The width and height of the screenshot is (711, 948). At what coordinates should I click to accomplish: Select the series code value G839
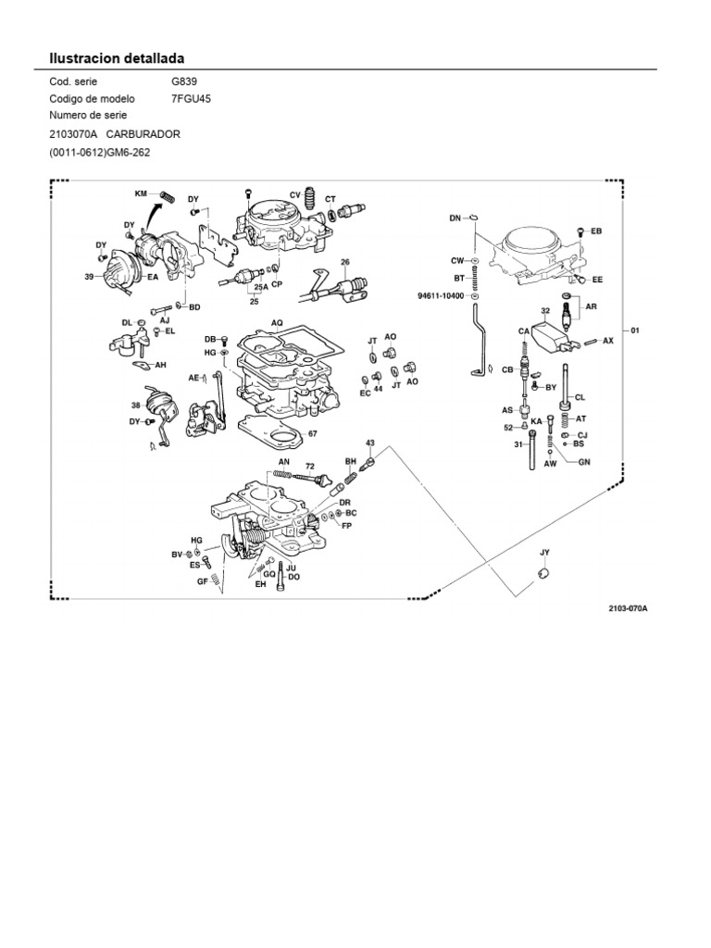pos(184,81)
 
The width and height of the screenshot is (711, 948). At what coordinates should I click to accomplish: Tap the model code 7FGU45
pos(192,99)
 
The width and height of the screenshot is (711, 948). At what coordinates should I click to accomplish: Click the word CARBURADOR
pos(143,134)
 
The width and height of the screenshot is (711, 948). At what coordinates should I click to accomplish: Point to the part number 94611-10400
pos(442,296)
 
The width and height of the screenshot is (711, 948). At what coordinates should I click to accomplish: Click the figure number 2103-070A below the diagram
pos(628,609)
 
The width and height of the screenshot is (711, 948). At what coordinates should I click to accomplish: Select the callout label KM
pos(142,194)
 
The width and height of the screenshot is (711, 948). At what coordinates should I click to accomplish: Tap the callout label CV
pos(295,194)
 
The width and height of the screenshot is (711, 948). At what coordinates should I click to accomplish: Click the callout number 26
pos(345,262)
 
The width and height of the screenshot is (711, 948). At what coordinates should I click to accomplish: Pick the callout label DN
pos(455,218)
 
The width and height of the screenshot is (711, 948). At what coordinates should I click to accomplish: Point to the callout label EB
pos(596,231)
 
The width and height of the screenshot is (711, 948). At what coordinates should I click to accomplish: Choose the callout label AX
pos(607,341)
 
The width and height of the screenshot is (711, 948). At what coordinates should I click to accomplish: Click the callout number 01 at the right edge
pos(635,330)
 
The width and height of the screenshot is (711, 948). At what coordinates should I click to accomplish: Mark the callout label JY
pos(545,553)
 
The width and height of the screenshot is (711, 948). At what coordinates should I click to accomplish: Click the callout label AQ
pos(276,323)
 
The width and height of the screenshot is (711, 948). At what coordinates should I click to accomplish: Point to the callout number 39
pos(90,276)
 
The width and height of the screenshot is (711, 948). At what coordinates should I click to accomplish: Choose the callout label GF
pos(201,581)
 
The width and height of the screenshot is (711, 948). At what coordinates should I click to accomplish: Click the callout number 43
pos(370,443)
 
